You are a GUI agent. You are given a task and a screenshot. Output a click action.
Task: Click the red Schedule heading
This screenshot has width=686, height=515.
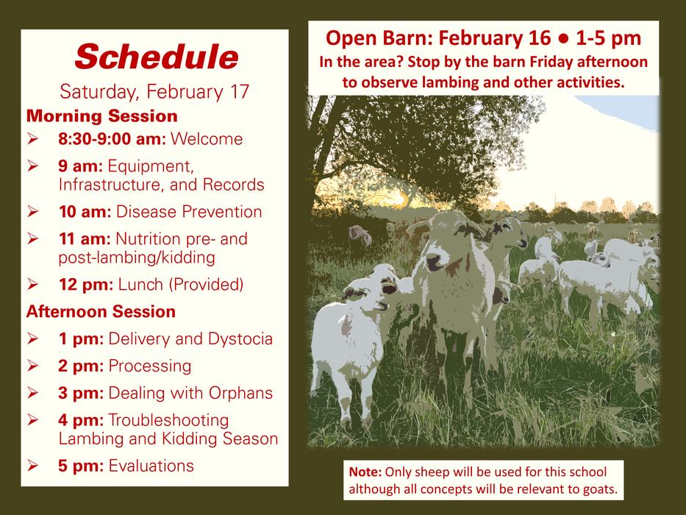(156, 56)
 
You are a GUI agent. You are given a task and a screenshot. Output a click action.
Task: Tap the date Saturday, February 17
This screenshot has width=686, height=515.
(155, 93)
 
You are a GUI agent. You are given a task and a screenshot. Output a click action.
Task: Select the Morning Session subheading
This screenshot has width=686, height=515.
(102, 116)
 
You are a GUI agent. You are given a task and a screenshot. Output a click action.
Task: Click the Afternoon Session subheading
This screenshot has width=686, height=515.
(101, 311)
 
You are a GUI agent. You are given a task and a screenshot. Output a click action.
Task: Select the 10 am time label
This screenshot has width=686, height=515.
(85, 212)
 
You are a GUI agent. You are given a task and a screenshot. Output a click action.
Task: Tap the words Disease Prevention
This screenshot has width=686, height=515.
(189, 212)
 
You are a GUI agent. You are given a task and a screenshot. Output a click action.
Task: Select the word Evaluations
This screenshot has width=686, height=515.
(151, 465)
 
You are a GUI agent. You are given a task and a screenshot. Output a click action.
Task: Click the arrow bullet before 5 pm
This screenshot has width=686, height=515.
(34, 465)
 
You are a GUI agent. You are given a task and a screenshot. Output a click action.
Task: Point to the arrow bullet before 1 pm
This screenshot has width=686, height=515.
(34, 339)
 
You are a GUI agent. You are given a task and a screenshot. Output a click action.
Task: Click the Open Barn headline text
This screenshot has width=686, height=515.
(483, 38)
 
